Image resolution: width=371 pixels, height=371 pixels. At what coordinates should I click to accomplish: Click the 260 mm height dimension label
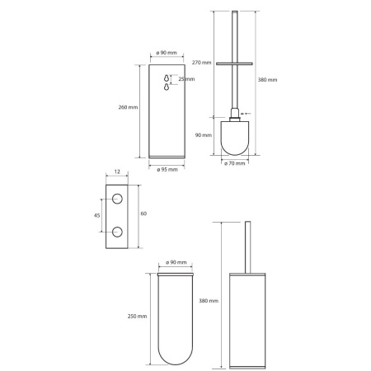[128, 107]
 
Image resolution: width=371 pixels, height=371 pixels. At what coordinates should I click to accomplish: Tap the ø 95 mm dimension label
[167, 170]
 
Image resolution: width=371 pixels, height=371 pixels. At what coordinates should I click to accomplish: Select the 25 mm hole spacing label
[186, 79]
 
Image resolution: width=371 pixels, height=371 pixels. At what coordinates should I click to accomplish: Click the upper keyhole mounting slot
[167, 78]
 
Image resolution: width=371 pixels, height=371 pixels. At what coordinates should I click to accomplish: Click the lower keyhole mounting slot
[167, 87]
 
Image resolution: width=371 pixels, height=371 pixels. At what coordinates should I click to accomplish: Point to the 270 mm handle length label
[202, 63]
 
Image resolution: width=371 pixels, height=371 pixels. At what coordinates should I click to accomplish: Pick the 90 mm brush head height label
[204, 135]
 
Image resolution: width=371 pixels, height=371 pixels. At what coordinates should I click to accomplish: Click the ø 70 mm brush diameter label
[235, 163]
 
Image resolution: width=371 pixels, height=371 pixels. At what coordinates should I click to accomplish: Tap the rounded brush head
[235, 138]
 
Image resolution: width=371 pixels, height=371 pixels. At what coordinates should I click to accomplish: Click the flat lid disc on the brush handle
[234, 63]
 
